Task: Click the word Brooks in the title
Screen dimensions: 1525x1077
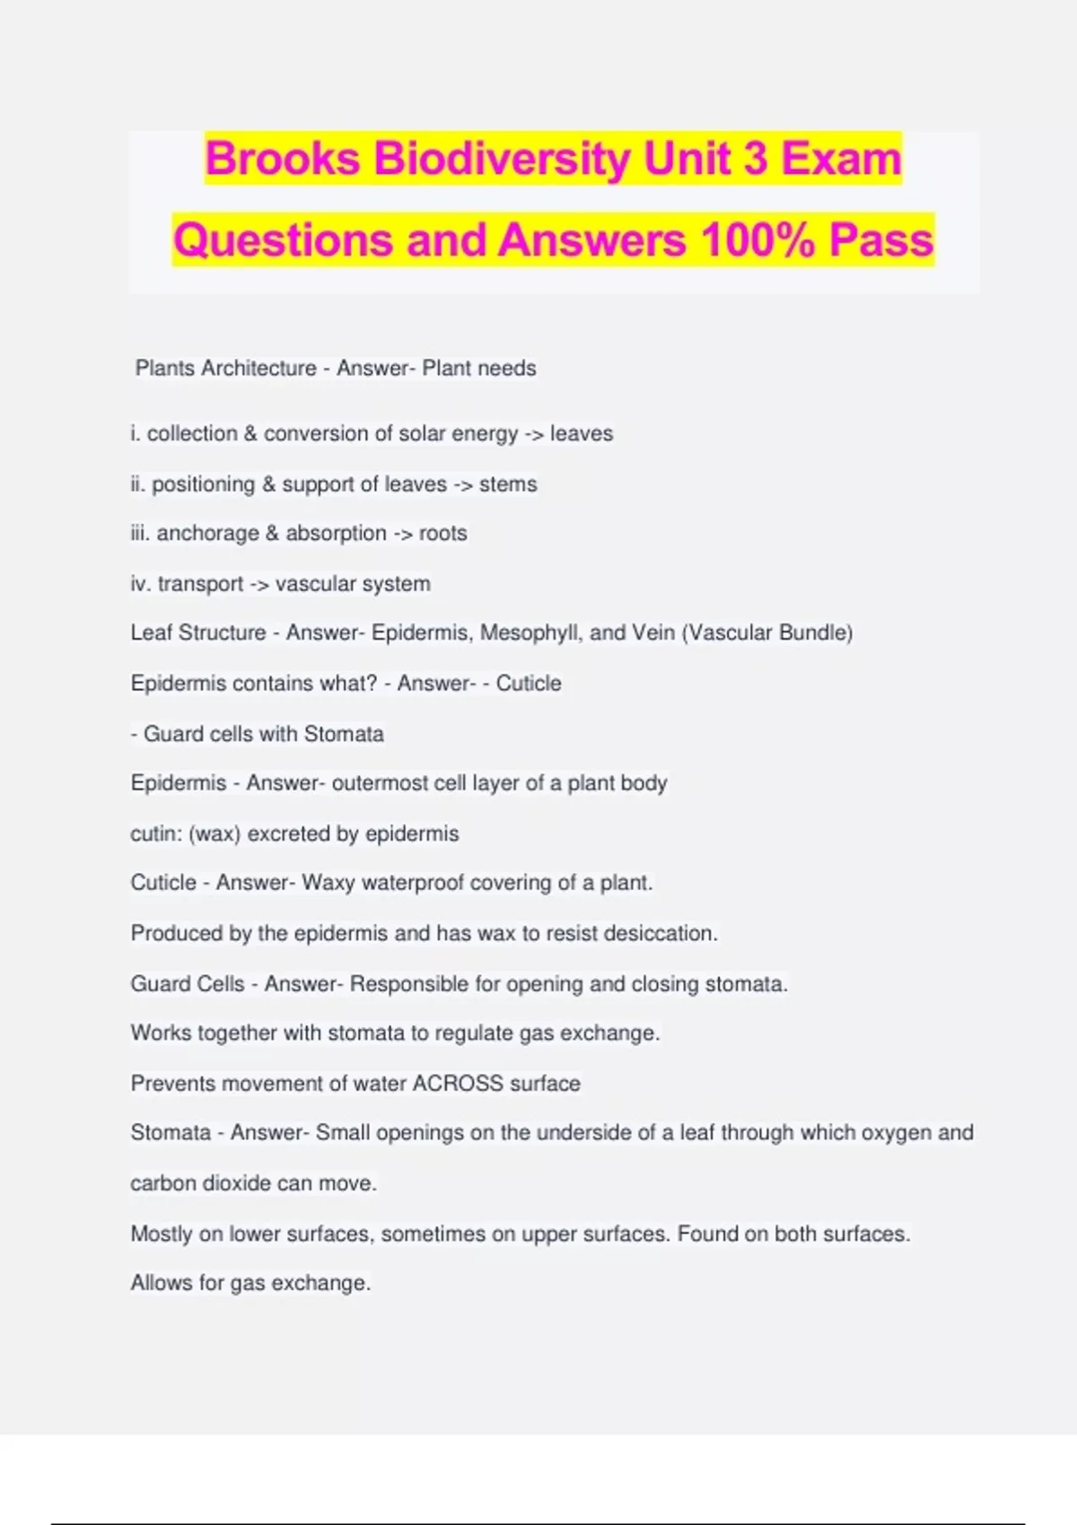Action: [282, 159]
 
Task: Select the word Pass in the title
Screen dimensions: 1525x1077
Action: [881, 240]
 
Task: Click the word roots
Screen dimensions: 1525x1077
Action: [443, 533]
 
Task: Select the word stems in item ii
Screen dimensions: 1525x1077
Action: [508, 484]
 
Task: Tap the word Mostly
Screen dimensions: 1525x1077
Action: [162, 1234]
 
